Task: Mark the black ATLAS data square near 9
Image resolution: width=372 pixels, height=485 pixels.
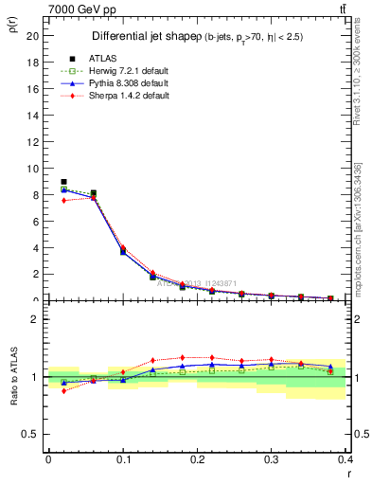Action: [x=63, y=182]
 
